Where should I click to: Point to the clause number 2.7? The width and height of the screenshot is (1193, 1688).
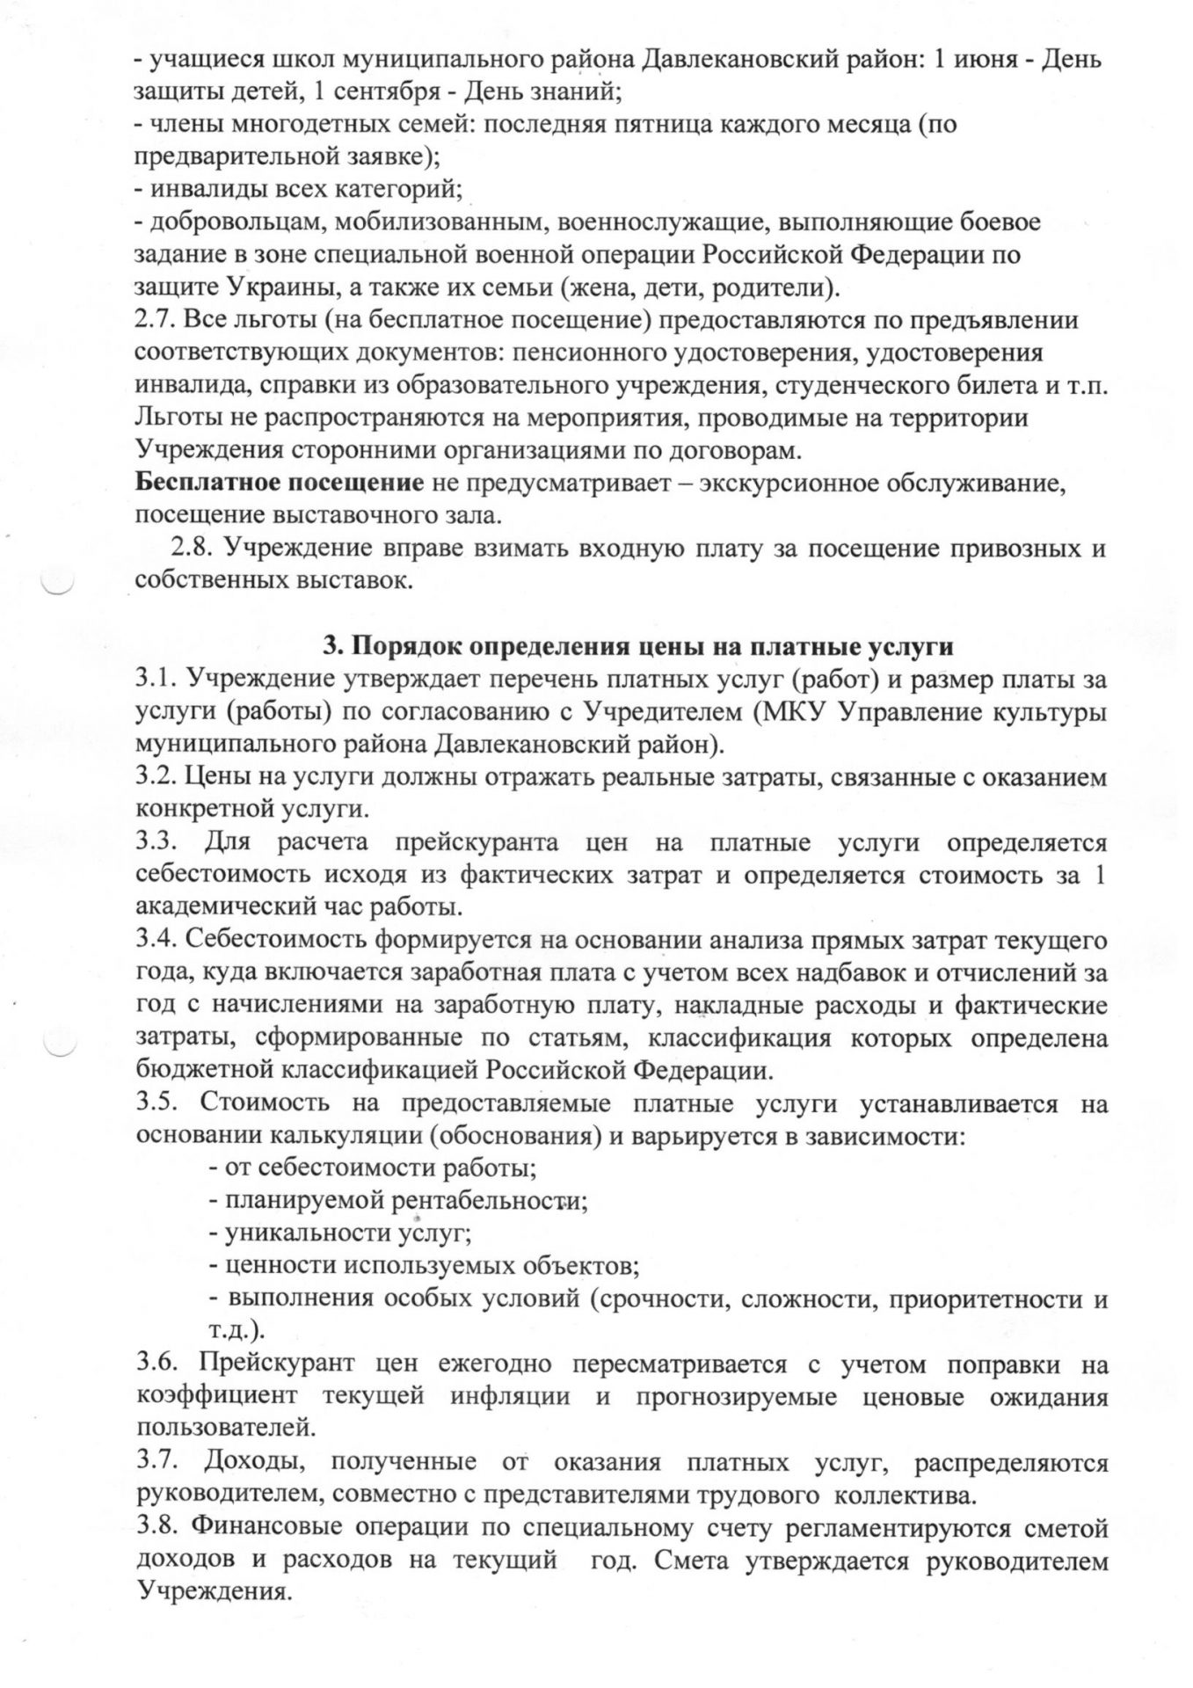(156, 321)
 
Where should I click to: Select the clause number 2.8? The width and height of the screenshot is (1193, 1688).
(193, 549)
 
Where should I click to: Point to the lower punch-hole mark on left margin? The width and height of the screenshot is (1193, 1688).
(61, 1043)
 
